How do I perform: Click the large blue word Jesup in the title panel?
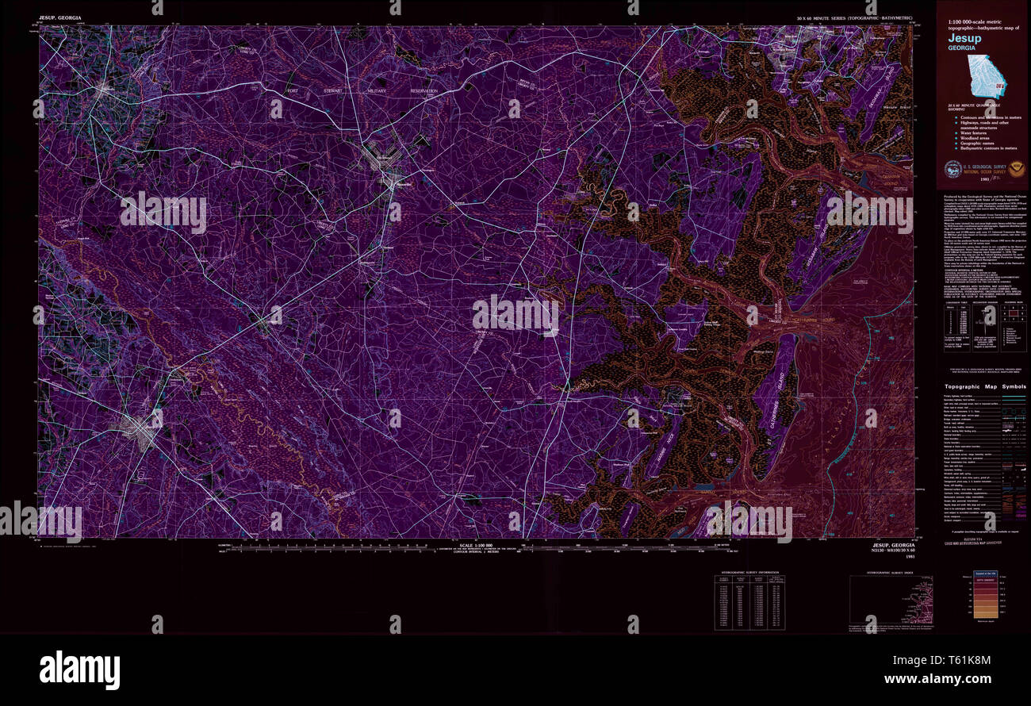pos(964,37)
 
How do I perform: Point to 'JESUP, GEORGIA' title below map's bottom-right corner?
pos(893,546)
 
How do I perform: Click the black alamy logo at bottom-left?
pos(79,667)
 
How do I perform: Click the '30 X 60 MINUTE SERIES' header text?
pos(856,17)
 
